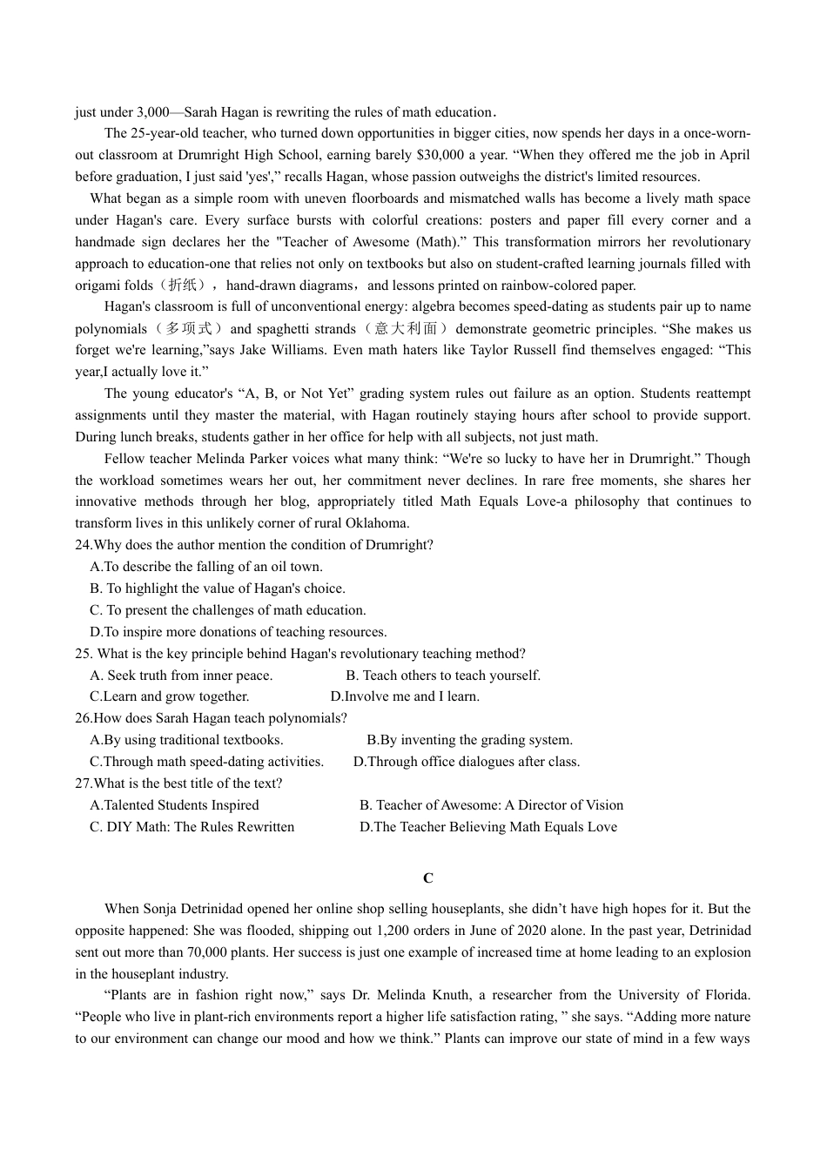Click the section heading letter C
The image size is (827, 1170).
[x=427, y=878]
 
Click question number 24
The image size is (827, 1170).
[x=83, y=545]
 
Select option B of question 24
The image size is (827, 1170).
[x=218, y=588]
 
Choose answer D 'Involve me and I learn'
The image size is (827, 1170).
[x=405, y=696]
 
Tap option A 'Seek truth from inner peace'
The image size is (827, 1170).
[x=181, y=676]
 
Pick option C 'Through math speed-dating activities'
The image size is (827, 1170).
[x=206, y=762]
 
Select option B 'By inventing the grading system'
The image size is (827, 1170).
[x=469, y=740]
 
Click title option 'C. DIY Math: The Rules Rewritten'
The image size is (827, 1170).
[x=192, y=827]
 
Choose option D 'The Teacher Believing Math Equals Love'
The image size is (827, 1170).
[x=487, y=827]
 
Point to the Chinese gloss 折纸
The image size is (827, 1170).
[x=183, y=286]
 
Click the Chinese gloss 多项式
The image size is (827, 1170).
[x=187, y=329]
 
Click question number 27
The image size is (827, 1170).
[x=83, y=783]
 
